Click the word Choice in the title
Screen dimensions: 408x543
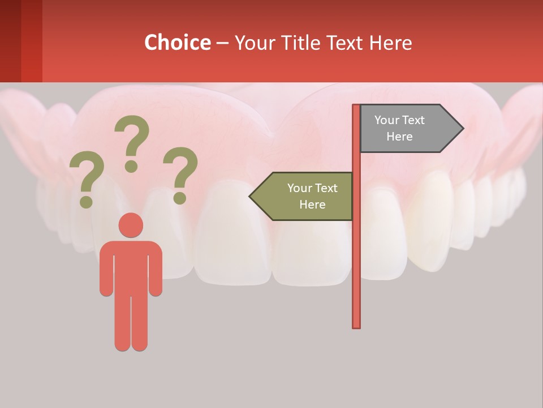pyautogui.click(x=177, y=42)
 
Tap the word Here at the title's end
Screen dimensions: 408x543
pyautogui.click(x=390, y=43)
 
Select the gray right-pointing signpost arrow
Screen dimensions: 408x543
pyautogui.click(x=407, y=129)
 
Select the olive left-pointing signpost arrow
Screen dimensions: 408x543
pyautogui.click(x=305, y=196)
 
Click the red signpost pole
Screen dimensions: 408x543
pyautogui.click(x=356, y=255)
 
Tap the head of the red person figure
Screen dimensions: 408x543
pyautogui.click(x=131, y=225)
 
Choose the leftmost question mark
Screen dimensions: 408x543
pyautogui.click(x=87, y=176)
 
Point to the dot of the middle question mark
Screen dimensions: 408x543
pyautogui.click(x=131, y=166)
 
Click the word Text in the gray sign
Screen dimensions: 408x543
pyautogui.click(x=413, y=120)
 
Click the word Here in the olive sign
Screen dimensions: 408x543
pyautogui.click(x=312, y=205)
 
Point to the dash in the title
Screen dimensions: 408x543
pyautogui.click(x=223, y=43)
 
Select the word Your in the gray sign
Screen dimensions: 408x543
pyautogui.click(x=387, y=120)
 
